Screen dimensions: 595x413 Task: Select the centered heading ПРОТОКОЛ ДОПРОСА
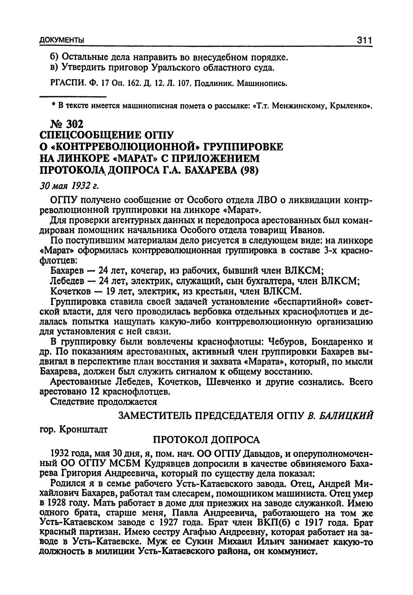click(x=206, y=439)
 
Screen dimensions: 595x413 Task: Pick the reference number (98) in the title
click(x=248, y=169)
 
